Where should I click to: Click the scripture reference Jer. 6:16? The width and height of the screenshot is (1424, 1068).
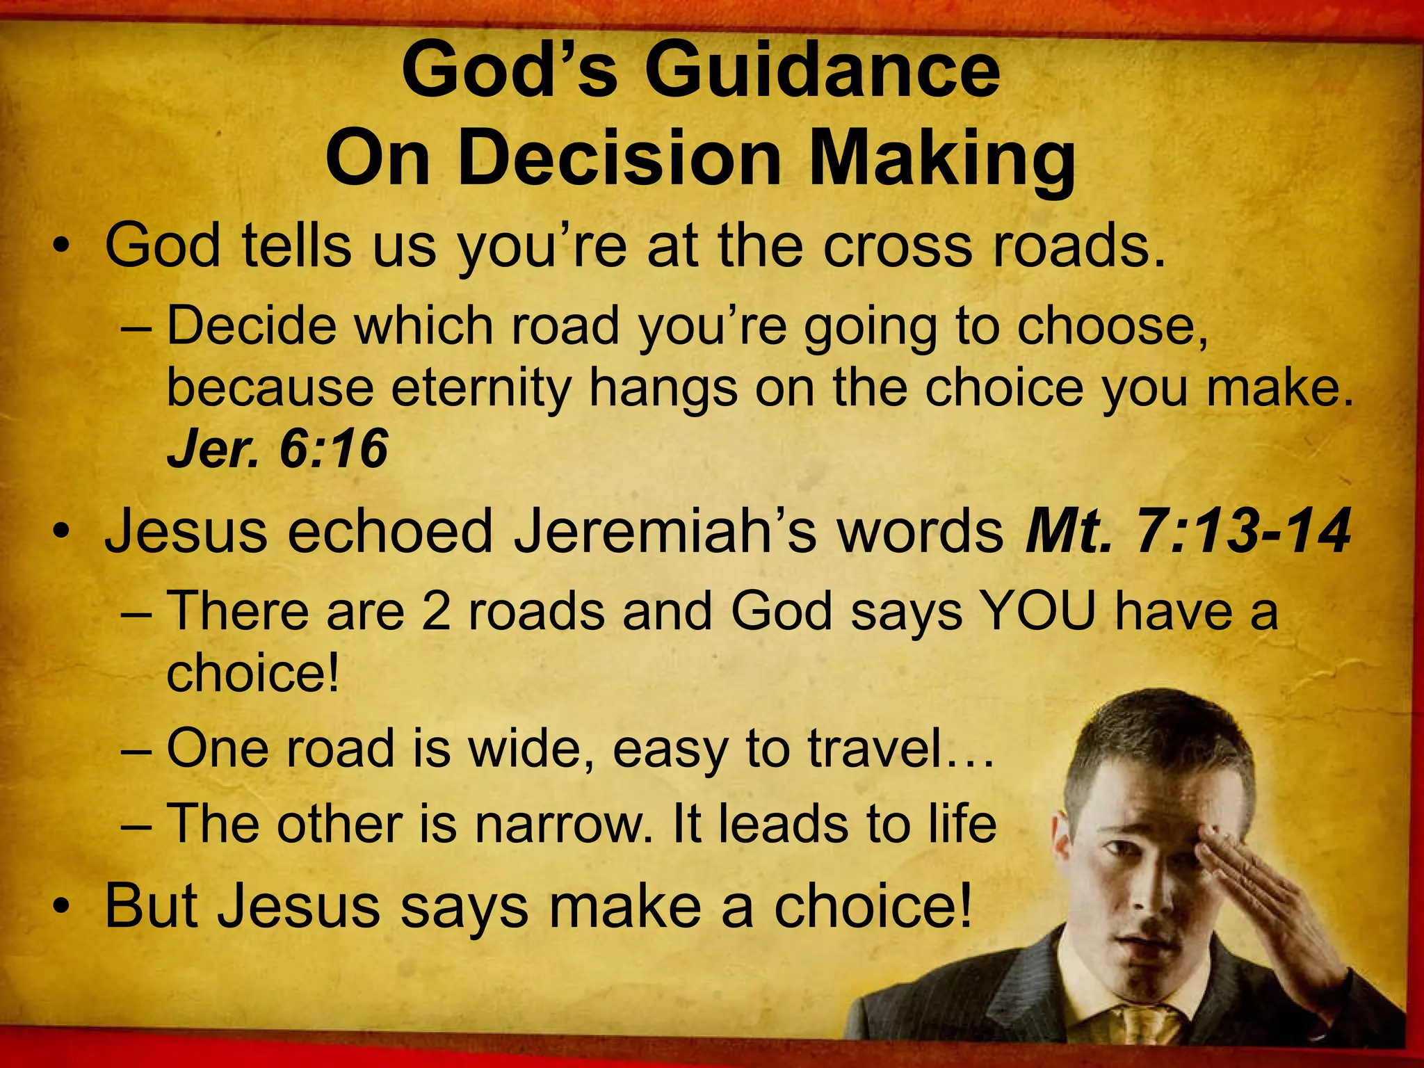point(277,449)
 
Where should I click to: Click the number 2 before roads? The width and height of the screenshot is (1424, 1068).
point(436,611)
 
